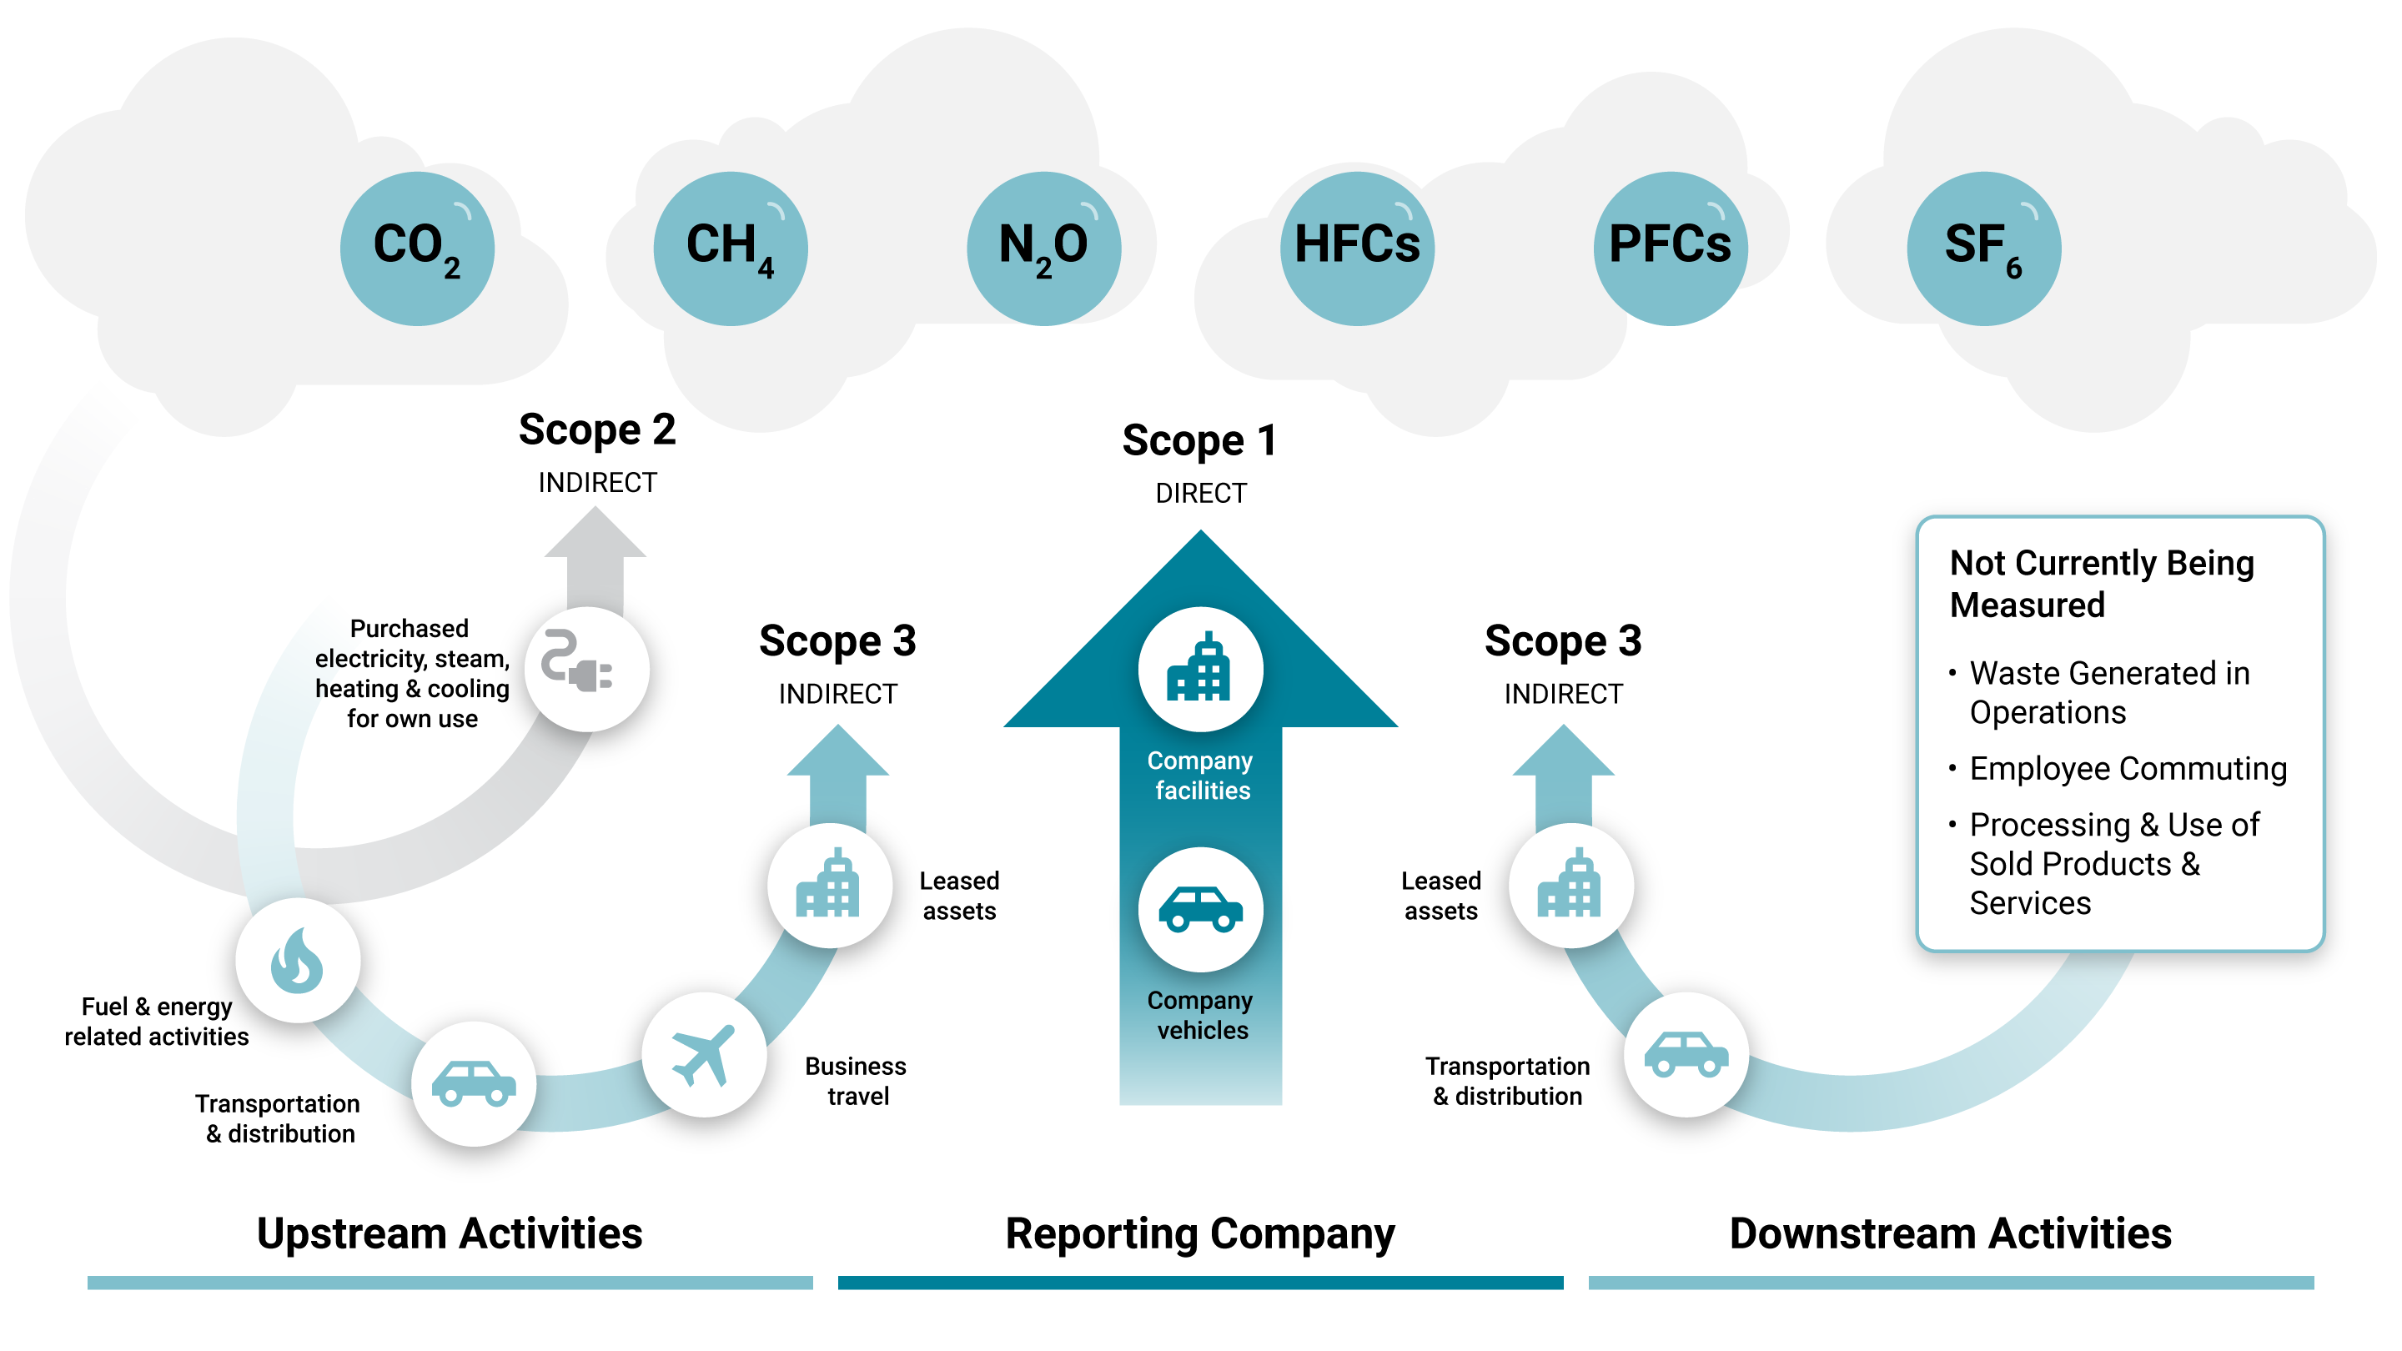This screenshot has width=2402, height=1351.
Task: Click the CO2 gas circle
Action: click(x=417, y=248)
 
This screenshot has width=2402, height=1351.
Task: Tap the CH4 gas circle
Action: click(x=730, y=248)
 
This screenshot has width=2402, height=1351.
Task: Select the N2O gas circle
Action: click(x=1043, y=248)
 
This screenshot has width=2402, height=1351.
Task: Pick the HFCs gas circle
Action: click(x=1357, y=248)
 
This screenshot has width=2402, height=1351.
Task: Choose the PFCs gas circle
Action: click(x=1670, y=248)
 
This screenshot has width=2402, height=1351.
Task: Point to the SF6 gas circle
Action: click(x=1983, y=248)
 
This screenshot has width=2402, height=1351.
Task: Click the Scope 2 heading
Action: click(x=597, y=429)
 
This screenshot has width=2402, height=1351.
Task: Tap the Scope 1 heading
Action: click(x=1200, y=440)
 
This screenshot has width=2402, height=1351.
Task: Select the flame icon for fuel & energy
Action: click(x=297, y=961)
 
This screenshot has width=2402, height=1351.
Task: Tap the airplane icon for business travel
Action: click(x=704, y=1054)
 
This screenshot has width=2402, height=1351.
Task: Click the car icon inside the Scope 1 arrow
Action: click(x=1200, y=909)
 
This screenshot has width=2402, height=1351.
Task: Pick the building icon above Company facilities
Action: click(x=1200, y=669)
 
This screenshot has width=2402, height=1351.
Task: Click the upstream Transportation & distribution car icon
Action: click(x=474, y=1083)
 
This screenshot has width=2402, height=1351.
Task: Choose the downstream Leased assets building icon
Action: click(x=1570, y=885)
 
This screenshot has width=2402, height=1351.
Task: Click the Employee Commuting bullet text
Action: click(x=2128, y=768)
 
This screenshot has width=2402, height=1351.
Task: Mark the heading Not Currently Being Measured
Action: click(x=2101, y=584)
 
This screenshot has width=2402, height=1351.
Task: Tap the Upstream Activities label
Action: click(x=450, y=1233)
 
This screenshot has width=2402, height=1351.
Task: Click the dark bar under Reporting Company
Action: click(x=1200, y=1282)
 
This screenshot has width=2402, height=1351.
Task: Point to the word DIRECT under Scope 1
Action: click(x=1200, y=493)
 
